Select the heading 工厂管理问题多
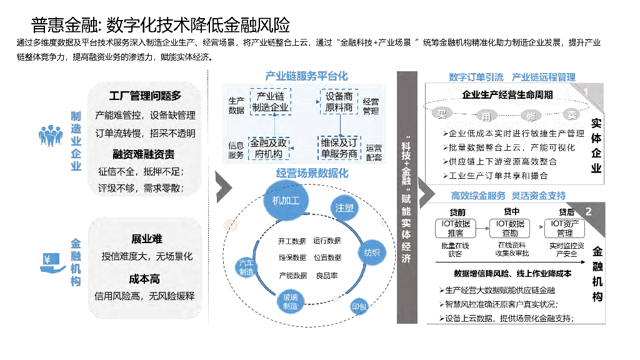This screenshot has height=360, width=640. pyautogui.click(x=145, y=96)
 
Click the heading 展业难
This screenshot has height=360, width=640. pyautogui.click(x=146, y=239)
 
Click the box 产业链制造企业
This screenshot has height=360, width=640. pyautogui.click(x=270, y=101)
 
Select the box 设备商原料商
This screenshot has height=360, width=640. pyautogui.click(x=339, y=101)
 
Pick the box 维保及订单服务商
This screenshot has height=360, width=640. pyautogui.click(x=339, y=147)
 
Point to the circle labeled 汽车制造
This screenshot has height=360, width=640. pyautogui.click(x=246, y=267)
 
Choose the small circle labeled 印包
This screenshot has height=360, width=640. pyautogui.click(x=359, y=307)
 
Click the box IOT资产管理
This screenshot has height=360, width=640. pyautogui.click(x=564, y=228)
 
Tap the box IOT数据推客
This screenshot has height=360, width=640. pyautogui.click(x=455, y=228)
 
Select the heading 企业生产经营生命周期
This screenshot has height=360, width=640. pyautogui.click(x=507, y=95)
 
